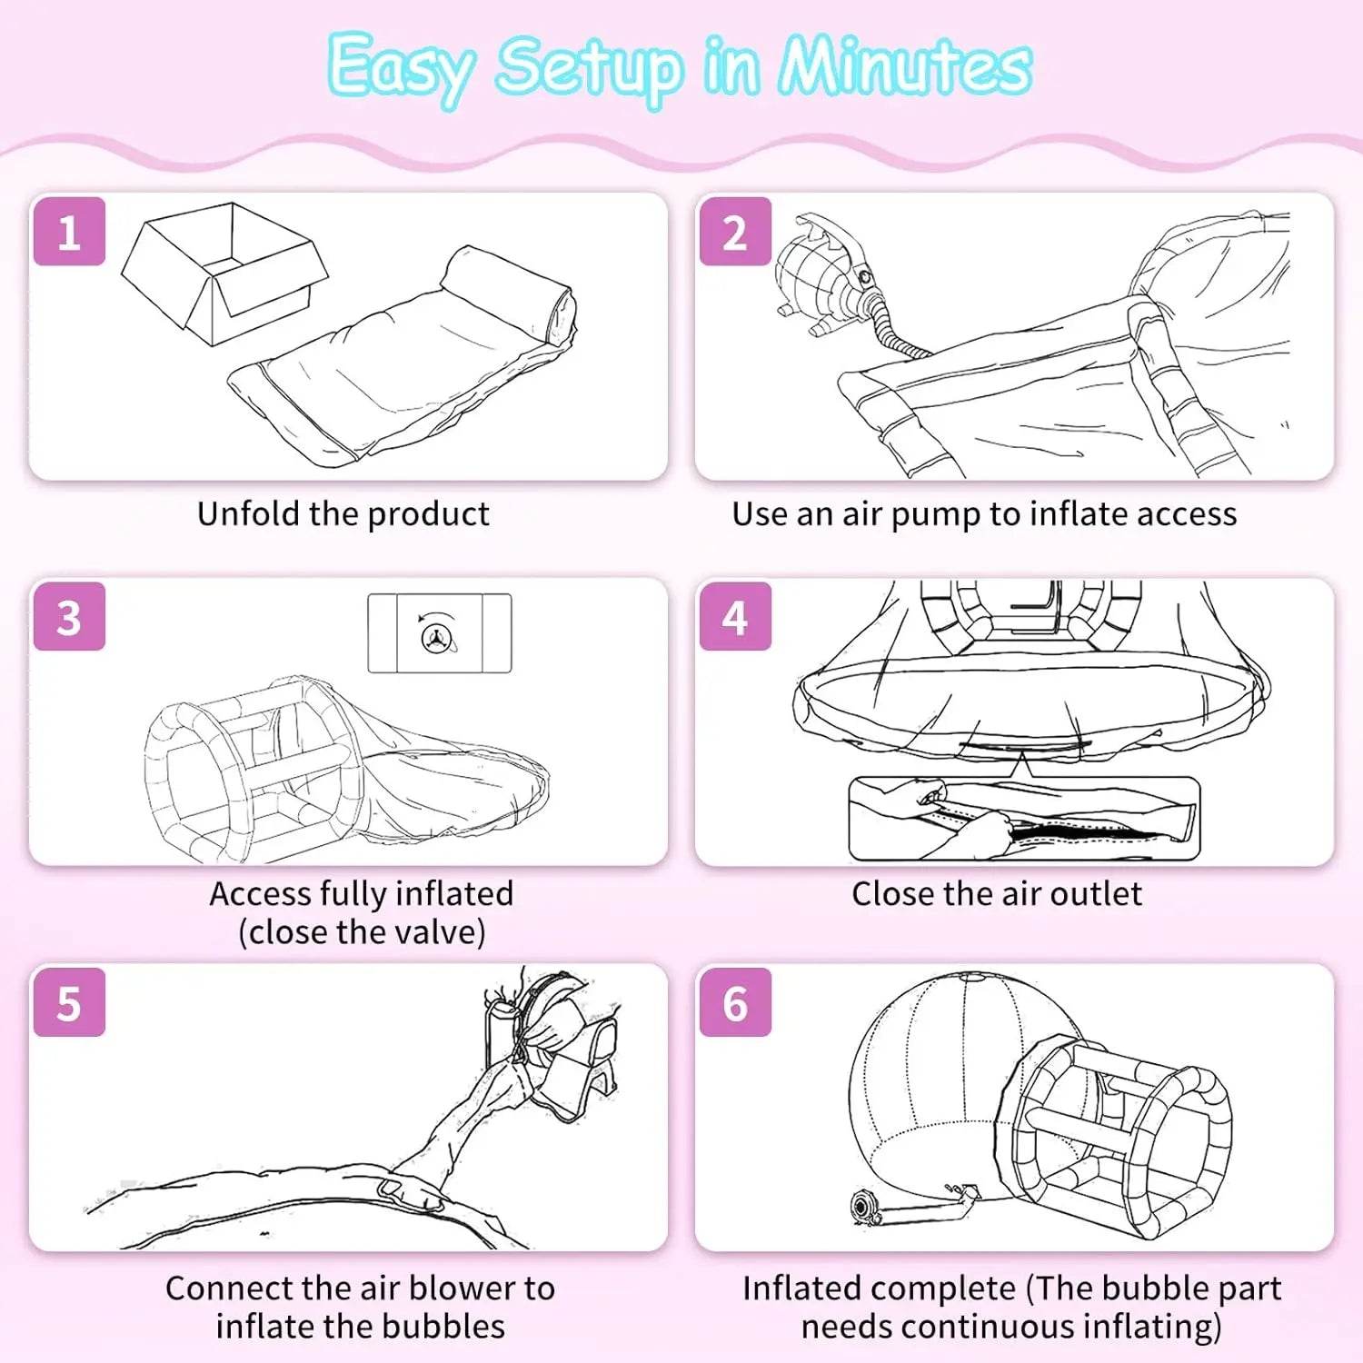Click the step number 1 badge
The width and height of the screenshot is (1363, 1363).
(x=69, y=232)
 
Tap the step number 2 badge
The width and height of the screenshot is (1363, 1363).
(x=735, y=232)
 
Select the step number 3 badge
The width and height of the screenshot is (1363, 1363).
(x=69, y=617)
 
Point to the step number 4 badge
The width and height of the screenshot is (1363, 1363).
(x=735, y=617)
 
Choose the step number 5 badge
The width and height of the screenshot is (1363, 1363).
(x=69, y=1002)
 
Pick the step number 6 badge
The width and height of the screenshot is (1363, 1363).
(x=735, y=1002)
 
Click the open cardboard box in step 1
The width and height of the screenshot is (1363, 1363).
(x=224, y=274)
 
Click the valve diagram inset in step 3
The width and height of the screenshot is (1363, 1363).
(x=440, y=633)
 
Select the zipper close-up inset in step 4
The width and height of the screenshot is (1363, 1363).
(x=1024, y=818)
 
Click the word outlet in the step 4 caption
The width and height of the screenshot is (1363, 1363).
(x=1095, y=894)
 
